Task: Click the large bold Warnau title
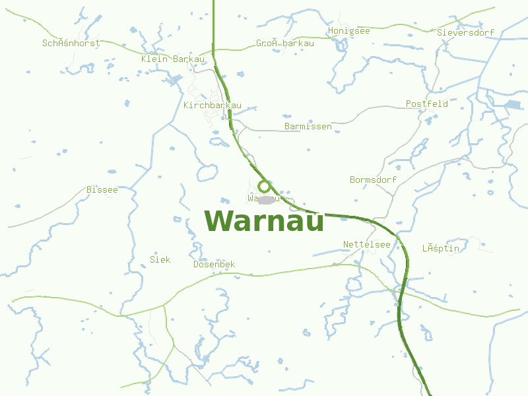(264, 221)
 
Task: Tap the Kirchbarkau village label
(213, 106)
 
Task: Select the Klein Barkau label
(173, 59)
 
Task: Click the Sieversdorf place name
(465, 32)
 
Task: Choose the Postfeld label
(426, 104)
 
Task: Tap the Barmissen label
(308, 126)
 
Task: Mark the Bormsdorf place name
(373, 180)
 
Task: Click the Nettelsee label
(366, 244)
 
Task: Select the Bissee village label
(102, 190)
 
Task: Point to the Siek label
(160, 259)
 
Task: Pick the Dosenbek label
(214, 265)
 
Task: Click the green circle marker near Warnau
(264, 187)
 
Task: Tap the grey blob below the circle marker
(267, 199)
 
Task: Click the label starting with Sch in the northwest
(71, 44)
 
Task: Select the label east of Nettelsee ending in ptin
(440, 249)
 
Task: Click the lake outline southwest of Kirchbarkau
(207, 172)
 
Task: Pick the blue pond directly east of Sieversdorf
(512, 104)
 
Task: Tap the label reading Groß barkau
(284, 44)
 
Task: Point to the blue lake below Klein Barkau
(174, 80)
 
